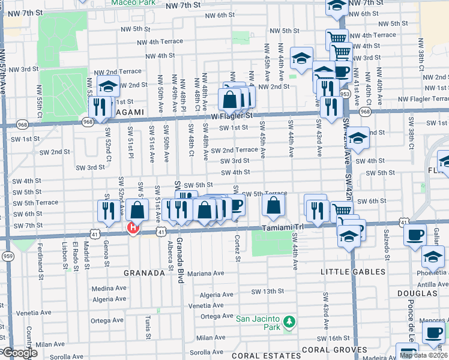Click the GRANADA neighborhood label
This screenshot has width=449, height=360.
[144, 273]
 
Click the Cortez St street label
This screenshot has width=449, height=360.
[238, 249]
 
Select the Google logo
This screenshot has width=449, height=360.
[19, 353]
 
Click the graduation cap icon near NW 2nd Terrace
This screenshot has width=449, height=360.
[109, 86]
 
